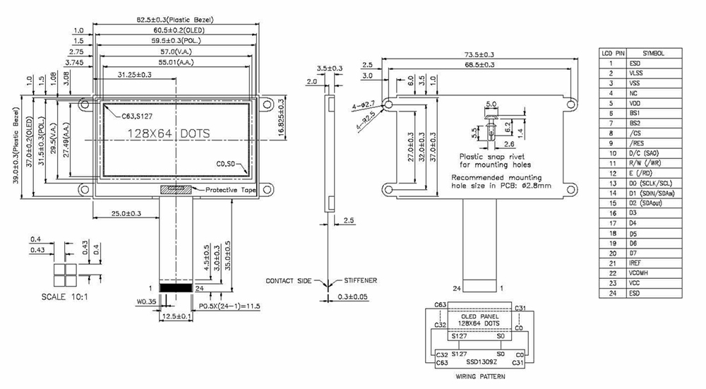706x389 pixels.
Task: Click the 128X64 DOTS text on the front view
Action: [168, 133]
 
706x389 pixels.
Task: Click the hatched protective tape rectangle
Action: [175, 190]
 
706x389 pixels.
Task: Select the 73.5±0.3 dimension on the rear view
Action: [478, 54]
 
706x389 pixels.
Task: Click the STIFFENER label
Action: [361, 280]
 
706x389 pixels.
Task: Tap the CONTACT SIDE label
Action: [288, 280]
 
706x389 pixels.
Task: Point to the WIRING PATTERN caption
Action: [479, 377]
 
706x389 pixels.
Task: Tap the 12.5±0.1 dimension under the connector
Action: [177, 316]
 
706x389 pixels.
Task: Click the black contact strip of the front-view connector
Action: [176, 288]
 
